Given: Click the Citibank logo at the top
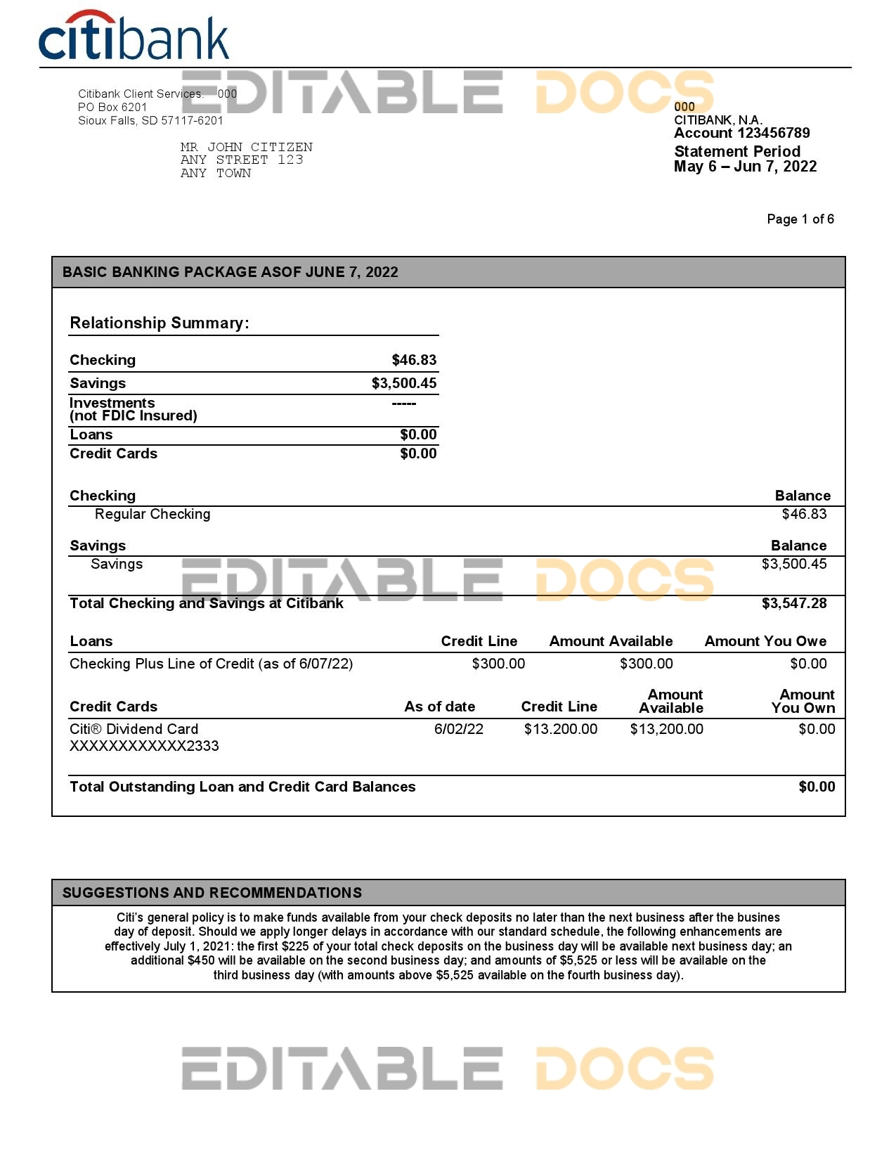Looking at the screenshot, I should pos(134,36).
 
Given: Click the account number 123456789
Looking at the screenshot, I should pos(773,134).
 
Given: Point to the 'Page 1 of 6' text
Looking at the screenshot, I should pos(800,219).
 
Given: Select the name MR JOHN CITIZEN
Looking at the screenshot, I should pos(246,147).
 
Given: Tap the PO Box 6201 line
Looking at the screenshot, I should pos(112,107).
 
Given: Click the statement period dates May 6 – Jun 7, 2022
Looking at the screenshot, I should pos(745,167).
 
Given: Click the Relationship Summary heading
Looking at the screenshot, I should pos(160,323).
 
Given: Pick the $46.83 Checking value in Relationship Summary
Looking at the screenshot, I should pos(414,361).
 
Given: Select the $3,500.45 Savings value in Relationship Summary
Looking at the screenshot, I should pos(404,383).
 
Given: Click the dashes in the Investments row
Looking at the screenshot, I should pos(404,404).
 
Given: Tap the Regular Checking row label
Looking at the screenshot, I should pos(152,515).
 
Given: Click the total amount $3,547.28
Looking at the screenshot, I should pos(794,604).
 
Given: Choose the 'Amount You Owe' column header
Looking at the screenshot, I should pos(765,642).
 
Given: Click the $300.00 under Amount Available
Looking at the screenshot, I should pos(646,664).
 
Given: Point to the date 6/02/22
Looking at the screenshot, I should pos(458,730).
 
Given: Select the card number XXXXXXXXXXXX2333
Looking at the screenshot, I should pos(144,747).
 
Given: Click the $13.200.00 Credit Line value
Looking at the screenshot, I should pos(560,730).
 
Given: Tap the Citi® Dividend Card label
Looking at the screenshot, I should pos(134,730).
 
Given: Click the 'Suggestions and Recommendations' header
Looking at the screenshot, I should pos(212,894).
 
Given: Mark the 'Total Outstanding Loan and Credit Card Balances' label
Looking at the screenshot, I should pos(242,787).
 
